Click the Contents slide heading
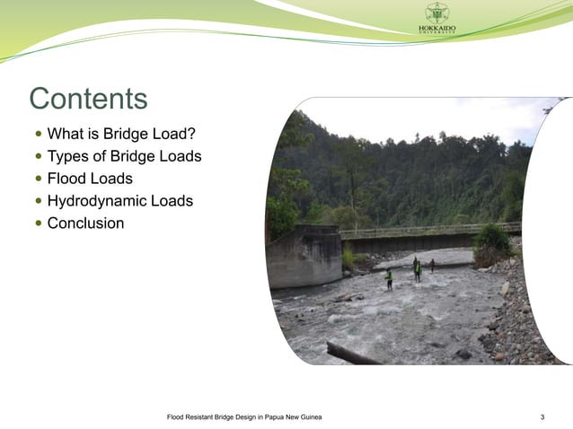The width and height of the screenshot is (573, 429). (x=88, y=99)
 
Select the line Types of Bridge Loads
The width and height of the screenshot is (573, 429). (x=124, y=156)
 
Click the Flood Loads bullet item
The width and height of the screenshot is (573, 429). (x=90, y=179)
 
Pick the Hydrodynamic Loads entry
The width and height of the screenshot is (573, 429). (x=119, y=201)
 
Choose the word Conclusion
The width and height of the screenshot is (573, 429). (x=85, y=223)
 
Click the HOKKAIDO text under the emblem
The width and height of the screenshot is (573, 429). (x=436, y=29)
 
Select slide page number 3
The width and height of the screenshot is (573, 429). (x=542, y=417)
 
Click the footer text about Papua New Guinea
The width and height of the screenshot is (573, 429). (x=244, y=417)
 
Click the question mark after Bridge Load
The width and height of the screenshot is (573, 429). (x=190, y=135)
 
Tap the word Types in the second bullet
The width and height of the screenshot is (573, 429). (x=66, y=156)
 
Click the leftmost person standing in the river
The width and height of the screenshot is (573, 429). (x=389, y=278)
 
